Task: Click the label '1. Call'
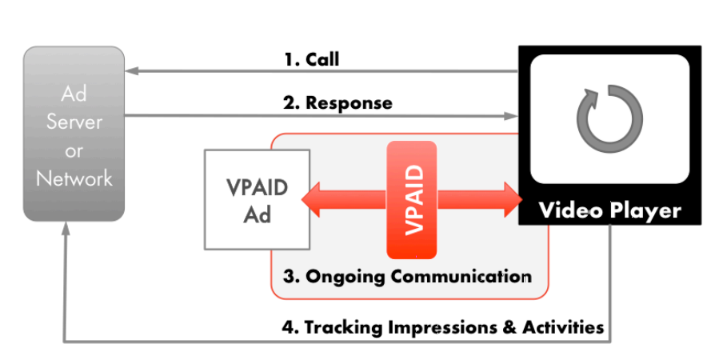[x=311, y=59]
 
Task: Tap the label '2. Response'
[x=338, y=102]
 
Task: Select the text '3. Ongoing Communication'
[x=407, y=277]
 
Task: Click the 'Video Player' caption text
[x=609, y=211]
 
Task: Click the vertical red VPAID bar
[x=412, y=200]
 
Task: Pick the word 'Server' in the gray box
[x=74, y=122]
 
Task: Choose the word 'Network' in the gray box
[x=74, y=178]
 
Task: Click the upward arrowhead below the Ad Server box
[x=65, y=230]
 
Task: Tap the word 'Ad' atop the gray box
[x=74, y=94]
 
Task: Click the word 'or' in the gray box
[x=74, y=150]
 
